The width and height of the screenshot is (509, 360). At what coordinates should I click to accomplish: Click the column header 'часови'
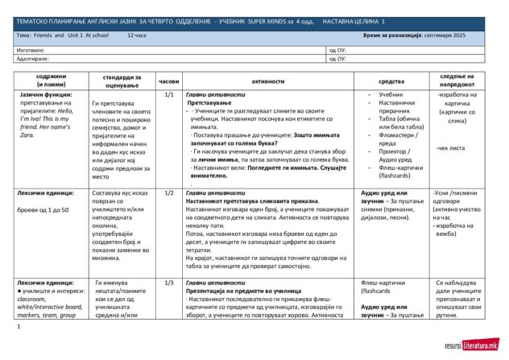click(x=169, y=81)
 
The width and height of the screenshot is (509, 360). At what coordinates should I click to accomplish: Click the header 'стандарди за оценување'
click(x=121, y=81)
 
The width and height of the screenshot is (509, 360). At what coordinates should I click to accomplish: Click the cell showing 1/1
click(x=169, y=95)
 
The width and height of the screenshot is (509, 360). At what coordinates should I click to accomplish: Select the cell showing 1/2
click(x=169, y=193)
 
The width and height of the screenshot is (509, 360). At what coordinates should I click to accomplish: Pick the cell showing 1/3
click(x=169, y=283)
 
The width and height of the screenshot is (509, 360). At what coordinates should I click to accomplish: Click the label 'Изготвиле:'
click(x=31, y=50)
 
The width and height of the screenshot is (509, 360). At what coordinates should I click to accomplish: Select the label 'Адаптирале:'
click(x=33, y=59)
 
